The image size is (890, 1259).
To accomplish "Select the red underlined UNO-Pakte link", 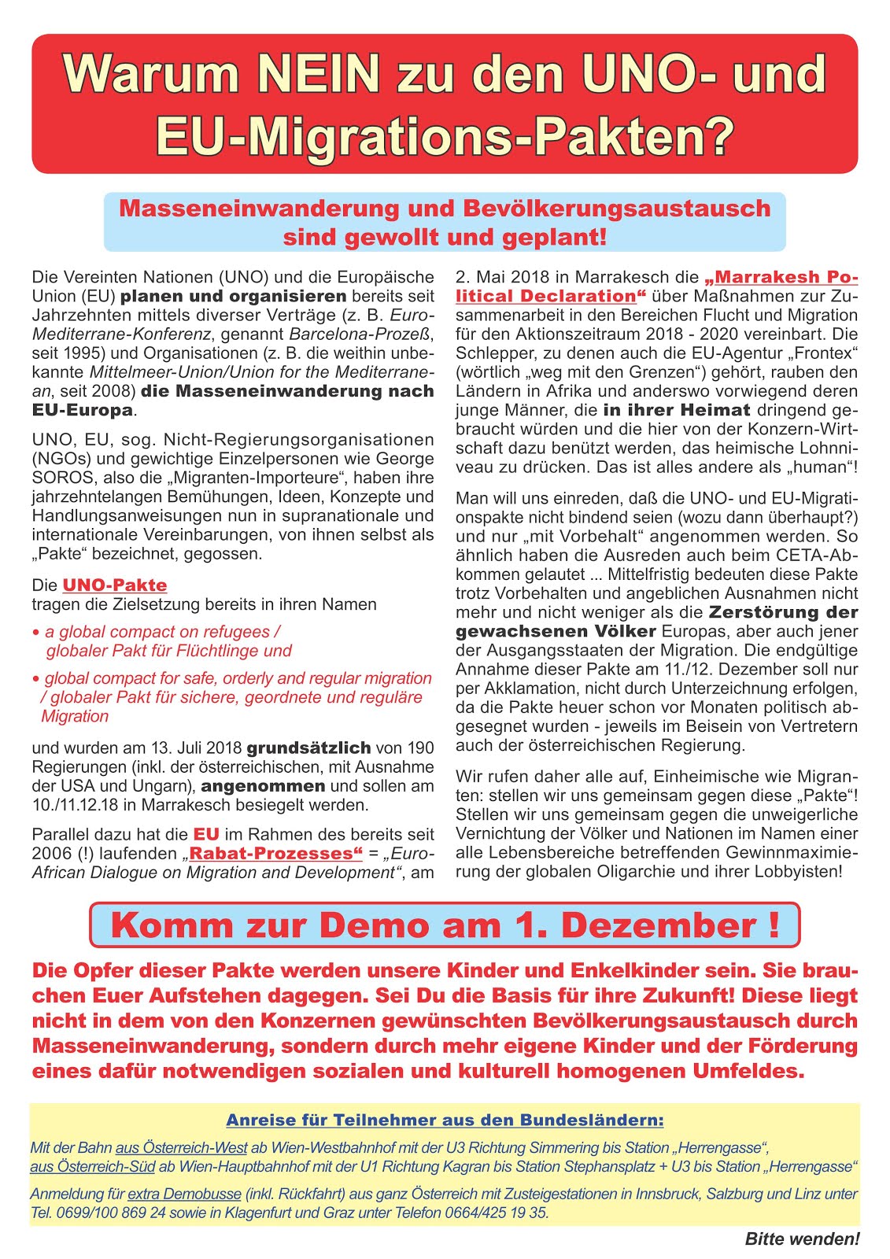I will [115, 585].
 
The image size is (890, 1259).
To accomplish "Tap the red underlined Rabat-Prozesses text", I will [275, 854].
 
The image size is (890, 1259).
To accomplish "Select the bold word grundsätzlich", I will [308, 748].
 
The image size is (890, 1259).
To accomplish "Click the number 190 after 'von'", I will [420, 748].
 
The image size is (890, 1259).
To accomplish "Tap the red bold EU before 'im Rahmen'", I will [207, 834].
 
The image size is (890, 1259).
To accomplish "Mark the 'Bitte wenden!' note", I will [802, 1239].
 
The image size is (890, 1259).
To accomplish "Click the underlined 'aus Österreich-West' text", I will [181, 1148].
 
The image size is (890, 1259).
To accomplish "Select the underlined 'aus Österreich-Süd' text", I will [92, 1167].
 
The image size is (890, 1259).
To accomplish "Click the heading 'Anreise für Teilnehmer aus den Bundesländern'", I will [445, 1120].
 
